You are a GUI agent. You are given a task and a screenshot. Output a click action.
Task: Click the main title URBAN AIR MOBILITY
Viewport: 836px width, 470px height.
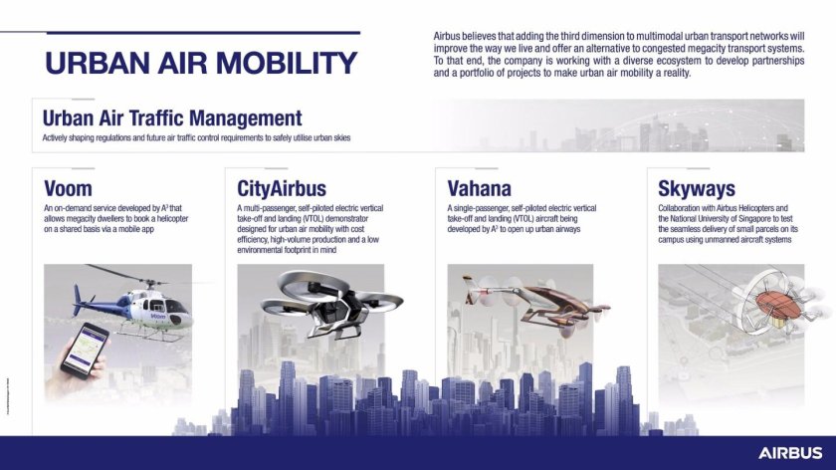pyautogui.click(x=200, y=63)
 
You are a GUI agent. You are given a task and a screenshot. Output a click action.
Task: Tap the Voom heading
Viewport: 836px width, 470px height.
pyautogui.click(x=69, y=187)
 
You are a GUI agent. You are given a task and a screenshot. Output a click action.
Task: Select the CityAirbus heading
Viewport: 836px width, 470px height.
pyautogui.click(x=282, y=187)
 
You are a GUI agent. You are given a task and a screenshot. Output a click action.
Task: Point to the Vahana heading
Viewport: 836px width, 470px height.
pyautogui.click(x=480, y=187)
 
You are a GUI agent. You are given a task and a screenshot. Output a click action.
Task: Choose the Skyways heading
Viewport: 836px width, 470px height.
pyautogui.click(x=697, y=187)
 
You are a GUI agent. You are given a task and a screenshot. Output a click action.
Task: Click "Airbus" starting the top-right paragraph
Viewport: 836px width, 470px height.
pyautogui.click(x=447, y=35)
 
